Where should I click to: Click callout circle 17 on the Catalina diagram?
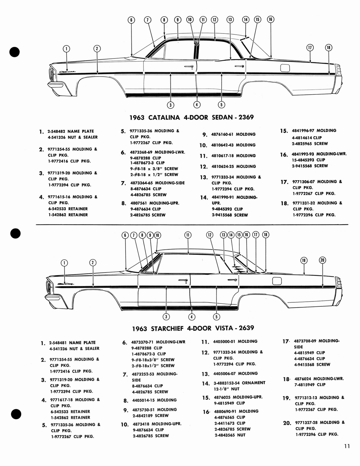[x=310, y=47]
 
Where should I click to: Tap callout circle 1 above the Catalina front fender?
[x=67, y=49]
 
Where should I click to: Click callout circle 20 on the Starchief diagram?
[x=322, y=260]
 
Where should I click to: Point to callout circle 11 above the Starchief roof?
[x=188, y=235]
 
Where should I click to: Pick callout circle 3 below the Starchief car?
[x=166, y=317]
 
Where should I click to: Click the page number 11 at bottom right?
[x=346, y=446]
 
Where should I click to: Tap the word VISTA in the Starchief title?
[x=224, y=328]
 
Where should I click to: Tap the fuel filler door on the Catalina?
[x=285, y=68]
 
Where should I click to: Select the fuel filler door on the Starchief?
[x=277, y=281]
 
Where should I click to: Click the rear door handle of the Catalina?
[x=239, y=66]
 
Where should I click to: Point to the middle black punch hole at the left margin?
[x=14, y=233]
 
